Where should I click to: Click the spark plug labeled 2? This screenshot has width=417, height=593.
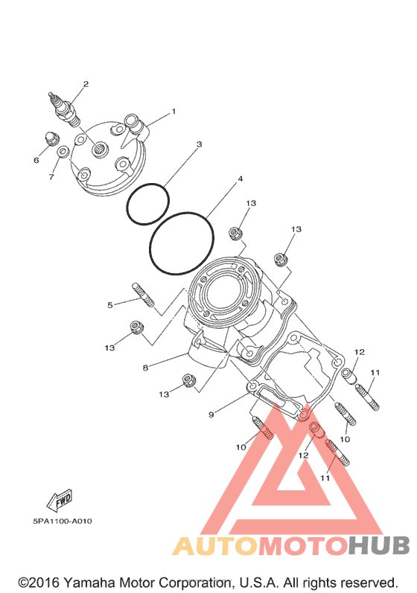pyautogui.click(x=64, y=109)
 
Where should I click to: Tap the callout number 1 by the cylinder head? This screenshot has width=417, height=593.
pyautogui.click(x=174, y=112)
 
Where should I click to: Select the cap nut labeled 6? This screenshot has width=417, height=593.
pyautogui.click(x=51, y=138)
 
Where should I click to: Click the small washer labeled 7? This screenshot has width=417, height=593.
pyautogui.click(x=63, y=151)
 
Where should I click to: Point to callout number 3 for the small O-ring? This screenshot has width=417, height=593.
pyautogui.click(x=199, y=144)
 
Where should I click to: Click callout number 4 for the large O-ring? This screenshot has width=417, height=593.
pyautogui.click(x=240, y=179)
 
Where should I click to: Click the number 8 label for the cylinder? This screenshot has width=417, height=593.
pyautogui.click(x=145, y=368)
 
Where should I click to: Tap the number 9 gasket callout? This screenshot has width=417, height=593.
pyautogui.click(x=211, y=414)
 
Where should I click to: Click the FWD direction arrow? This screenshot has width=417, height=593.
pyautogui.click(x=59, y=500)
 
